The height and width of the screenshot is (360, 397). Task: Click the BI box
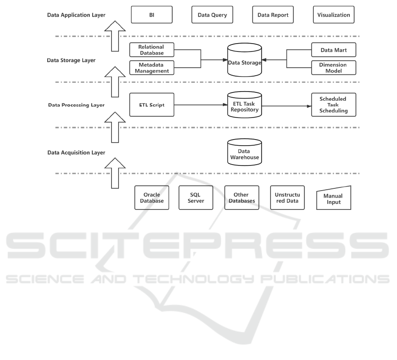152,15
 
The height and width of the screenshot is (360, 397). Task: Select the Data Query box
212,15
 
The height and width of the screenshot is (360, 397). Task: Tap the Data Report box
273,15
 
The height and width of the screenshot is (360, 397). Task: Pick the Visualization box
334,15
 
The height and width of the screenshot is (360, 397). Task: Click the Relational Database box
151,50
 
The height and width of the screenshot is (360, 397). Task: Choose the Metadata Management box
151,67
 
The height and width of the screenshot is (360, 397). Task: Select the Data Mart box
334,50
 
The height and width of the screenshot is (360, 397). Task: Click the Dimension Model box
334,67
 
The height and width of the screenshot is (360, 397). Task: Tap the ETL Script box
151,105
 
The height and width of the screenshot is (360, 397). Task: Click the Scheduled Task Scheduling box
334,105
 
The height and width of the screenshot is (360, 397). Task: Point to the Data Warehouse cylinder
244,153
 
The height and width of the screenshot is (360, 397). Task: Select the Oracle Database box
151,198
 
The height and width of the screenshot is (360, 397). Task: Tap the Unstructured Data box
287,198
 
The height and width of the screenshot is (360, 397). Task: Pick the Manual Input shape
334,198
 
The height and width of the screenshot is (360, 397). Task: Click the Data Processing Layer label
76,106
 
